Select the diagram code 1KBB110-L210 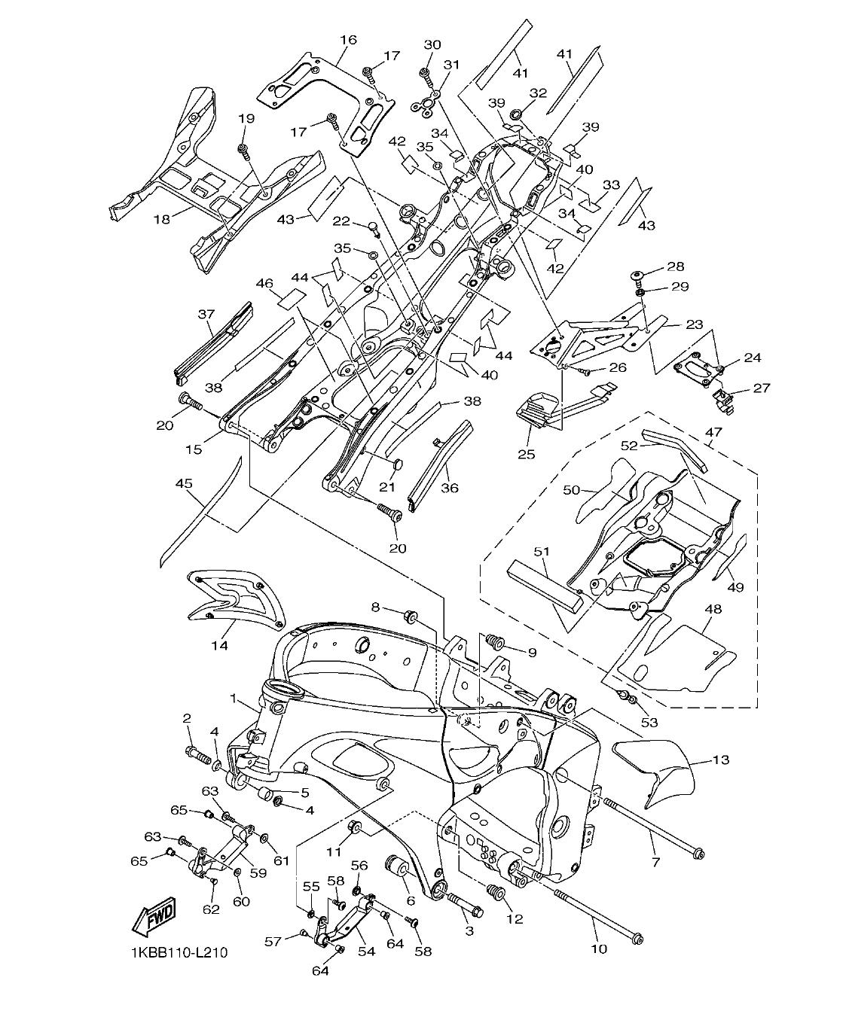pos(178,952)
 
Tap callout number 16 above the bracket pos(347,39)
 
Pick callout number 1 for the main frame pos(234,699)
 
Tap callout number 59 pos(258,873)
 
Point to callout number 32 pos(537,93)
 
